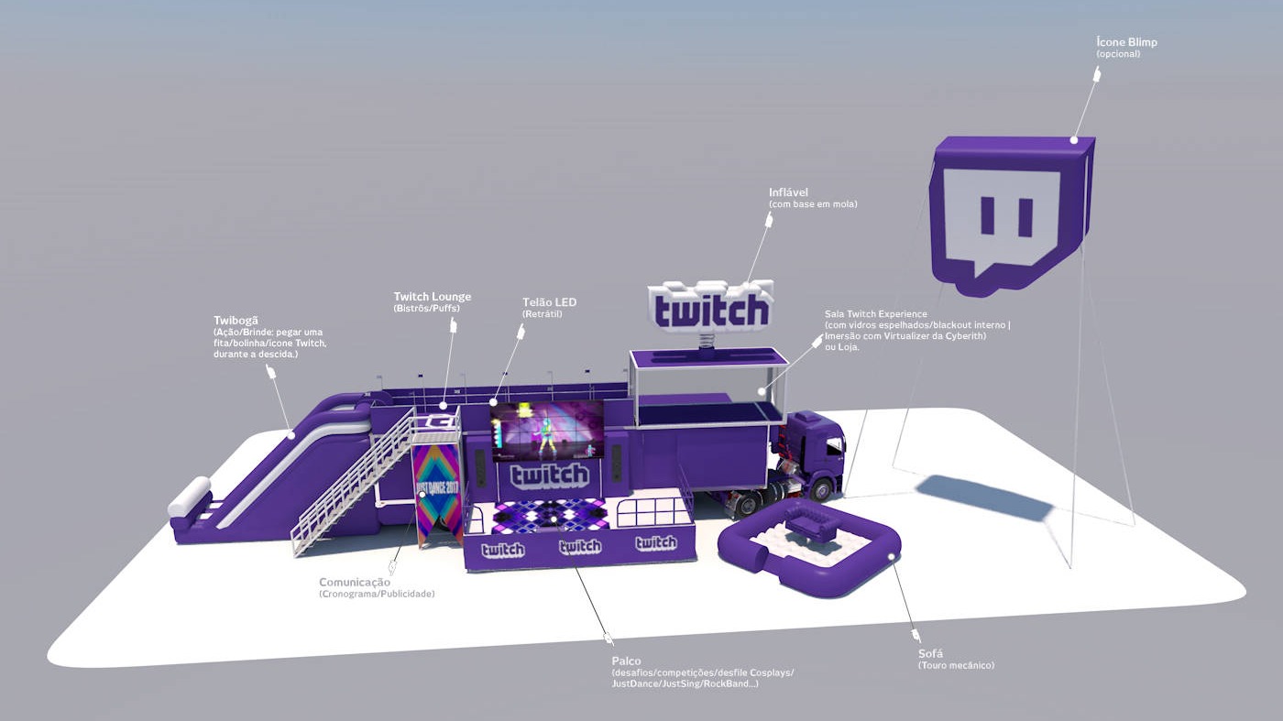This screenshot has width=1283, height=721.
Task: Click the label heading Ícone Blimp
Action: tap(1133, 42)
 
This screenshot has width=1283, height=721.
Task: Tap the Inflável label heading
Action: tap(788, 192)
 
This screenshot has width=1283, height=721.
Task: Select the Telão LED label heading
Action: tap(549, 302)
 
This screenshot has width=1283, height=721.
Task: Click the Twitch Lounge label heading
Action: tap(433, 297)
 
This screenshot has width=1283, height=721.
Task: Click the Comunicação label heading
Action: tap(355, 582)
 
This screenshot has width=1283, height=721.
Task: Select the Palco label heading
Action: tap(626, 661)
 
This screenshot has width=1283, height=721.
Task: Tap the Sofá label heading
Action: tap(930, 653)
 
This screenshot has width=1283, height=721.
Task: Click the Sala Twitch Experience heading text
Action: tap(875, 314)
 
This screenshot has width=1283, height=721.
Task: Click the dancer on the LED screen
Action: tap(547, 435)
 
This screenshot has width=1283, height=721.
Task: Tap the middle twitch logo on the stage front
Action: tap(579, 547)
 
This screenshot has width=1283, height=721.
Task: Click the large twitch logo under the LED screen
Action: tap(549, 475)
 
